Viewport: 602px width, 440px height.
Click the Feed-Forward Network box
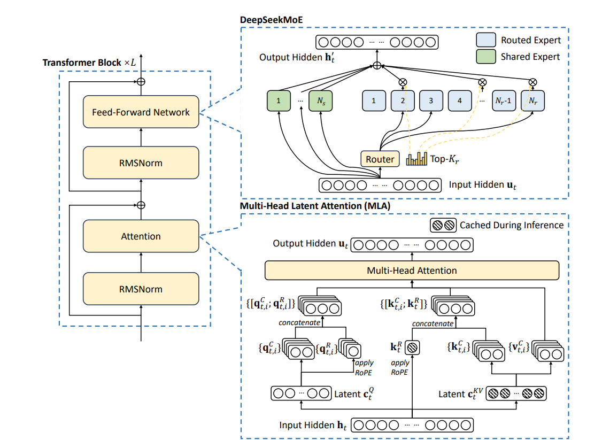(141, 112)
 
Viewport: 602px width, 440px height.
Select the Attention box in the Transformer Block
(141, 236)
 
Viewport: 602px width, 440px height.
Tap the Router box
(380, 159)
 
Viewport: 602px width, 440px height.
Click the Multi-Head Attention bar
(412, 271)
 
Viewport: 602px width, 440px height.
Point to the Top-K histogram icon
(417, 159)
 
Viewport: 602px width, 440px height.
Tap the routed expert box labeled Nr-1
(504, 101)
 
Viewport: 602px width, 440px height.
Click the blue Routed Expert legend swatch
(485, 40)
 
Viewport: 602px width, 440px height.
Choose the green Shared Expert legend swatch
(485, 56)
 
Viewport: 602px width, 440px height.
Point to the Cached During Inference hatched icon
(443, 225)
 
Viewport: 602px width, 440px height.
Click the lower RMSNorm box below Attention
(141, 289)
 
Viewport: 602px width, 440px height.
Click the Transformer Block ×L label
(89, 63)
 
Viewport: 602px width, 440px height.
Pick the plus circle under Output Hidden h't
(376, 65)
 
